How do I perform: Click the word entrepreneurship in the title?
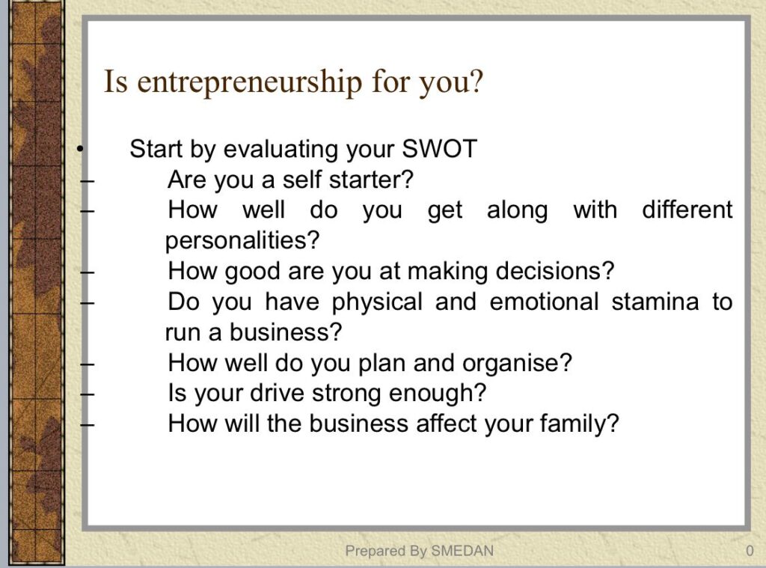pyautogui.click(x=250, y=82)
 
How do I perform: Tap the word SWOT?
pyautogui.click(x=439, y=149)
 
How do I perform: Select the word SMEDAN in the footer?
pyautogui.click(x=462, y=551)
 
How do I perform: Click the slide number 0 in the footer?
pyautogui.click(x=750, y=551)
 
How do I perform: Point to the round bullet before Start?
pyautogui.click(x=80, y=149)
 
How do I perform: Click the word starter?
pyautogui.click(x=371, y=180)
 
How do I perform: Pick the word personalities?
pyautogui.click(x=242, y=240)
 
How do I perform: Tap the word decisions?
pyautogui.click(x=555, y=271)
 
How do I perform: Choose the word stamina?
pyautogui.click(x=655, y=302)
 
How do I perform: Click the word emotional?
pyautogui.click(x=544, y=302)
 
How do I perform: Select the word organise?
pyautogui.click(x=517, y=363)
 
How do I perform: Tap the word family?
pyautogui.click(x=580, y=424)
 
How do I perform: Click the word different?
pyautogui.click(x=687, y=210)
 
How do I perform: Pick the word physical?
pyautogui.click(x=377, y=302)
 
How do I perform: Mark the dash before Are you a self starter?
pyautogui.click(x=87, y=180)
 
